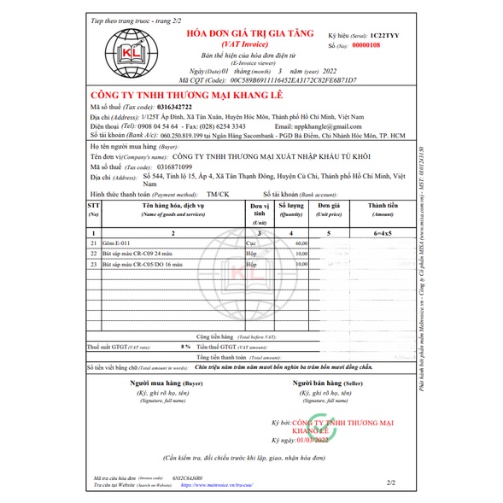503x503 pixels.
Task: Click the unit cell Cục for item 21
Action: point(251,243)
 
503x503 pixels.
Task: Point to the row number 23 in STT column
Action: point(93,265)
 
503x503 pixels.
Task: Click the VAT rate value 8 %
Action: point(185,348)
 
